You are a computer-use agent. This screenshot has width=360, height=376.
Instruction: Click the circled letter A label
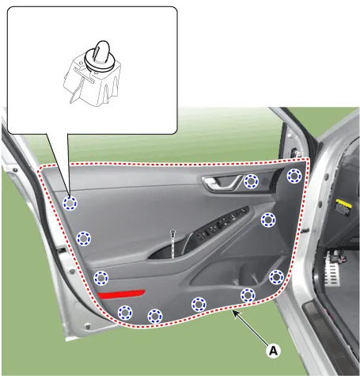click(x=273, y=351)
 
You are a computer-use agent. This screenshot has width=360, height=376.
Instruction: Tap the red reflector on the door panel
click(x=121, y=294)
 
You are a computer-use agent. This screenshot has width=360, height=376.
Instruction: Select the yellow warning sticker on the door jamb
click(x=343, y=208)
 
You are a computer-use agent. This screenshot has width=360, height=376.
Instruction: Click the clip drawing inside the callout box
click(x=93, y=74)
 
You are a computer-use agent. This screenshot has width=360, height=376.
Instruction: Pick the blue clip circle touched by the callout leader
click(x=70, y=203)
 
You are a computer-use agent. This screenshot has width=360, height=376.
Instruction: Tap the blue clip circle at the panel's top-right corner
click(x=294, y=176)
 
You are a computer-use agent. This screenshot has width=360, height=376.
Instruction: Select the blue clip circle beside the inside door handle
click(x=251, y=181)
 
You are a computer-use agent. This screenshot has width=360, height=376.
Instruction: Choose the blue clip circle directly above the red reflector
click(x=101, y=278)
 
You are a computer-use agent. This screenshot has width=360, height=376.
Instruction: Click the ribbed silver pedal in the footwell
click(x=332, y=268)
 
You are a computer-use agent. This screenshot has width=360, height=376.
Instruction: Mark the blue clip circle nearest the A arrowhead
click(x=248, y=295)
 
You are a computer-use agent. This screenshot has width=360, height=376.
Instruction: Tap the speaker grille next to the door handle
click(x=276, y=180)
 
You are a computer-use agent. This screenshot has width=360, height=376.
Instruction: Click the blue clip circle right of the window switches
click(x=268, y=220)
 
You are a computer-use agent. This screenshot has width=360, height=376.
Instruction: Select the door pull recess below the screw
click(x=169, y=251)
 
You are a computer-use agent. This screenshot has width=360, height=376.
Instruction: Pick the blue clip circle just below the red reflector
click(x=125, y=313)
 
